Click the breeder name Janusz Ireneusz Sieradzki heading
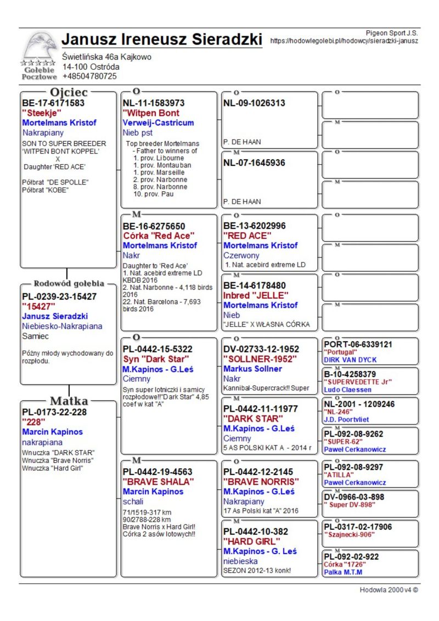click(x=162, y=40)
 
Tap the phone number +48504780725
click(x=89, y=76)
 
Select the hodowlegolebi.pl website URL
click(x=345, y=41)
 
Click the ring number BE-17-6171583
click(x=53, y=103)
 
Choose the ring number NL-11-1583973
click(x=154, y=103)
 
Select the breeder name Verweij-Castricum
click(x=159, y=123)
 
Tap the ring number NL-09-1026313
click(x=254, y=103)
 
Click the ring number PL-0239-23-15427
click(x=59, y=296)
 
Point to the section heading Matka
click(x=69, y=400)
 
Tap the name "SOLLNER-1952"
click(x=261, y=359)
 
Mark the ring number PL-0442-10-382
click(x=256, y=532)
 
